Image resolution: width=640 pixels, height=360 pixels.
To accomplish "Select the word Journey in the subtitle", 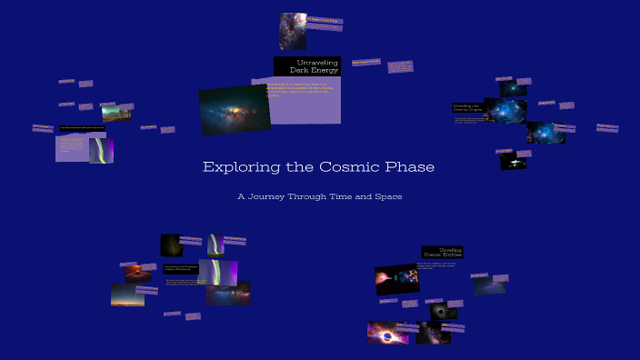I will click(x=277, y=196).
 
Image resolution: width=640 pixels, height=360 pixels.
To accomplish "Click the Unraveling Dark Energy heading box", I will click(x=307, y=65).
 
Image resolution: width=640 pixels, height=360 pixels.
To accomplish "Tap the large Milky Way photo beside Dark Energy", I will click(x=235, y=110).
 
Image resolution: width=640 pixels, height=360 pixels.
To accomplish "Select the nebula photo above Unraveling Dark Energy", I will click(x=293, y=31).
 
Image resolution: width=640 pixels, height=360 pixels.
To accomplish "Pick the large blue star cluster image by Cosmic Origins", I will click(x=505, y=111).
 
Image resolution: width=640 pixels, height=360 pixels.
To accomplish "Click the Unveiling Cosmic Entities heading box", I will click(x=442, y=253).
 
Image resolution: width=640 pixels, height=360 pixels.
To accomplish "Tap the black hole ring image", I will click(x=444, y=311).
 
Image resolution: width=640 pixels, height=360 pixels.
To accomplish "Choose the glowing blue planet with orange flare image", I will click(x=387, y=333).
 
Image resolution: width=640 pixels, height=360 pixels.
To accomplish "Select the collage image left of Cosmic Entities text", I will click(x=396, y=280).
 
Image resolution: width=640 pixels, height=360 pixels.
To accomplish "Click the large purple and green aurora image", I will click(x=218, y=271).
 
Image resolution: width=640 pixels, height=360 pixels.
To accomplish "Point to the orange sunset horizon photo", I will click(x=127, y=295).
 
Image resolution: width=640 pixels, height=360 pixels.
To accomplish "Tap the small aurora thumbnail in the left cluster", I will click(x=101, y=150).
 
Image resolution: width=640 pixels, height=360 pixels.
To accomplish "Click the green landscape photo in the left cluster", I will click(x=115, y=113).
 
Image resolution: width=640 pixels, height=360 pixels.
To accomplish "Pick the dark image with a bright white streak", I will click(x=513, y=161).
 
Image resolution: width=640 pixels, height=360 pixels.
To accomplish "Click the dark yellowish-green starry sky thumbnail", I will click(x=171, y=245).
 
